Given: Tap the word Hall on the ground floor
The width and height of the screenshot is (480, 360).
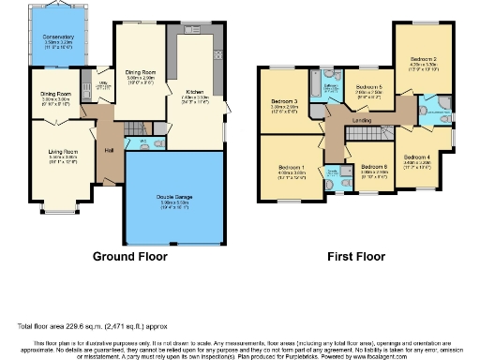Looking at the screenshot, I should [x=109, y=150].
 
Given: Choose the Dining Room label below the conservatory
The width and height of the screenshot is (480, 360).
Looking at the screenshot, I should [x=55, y=94].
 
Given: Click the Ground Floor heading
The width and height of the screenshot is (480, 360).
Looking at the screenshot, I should [x=130, y=256].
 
